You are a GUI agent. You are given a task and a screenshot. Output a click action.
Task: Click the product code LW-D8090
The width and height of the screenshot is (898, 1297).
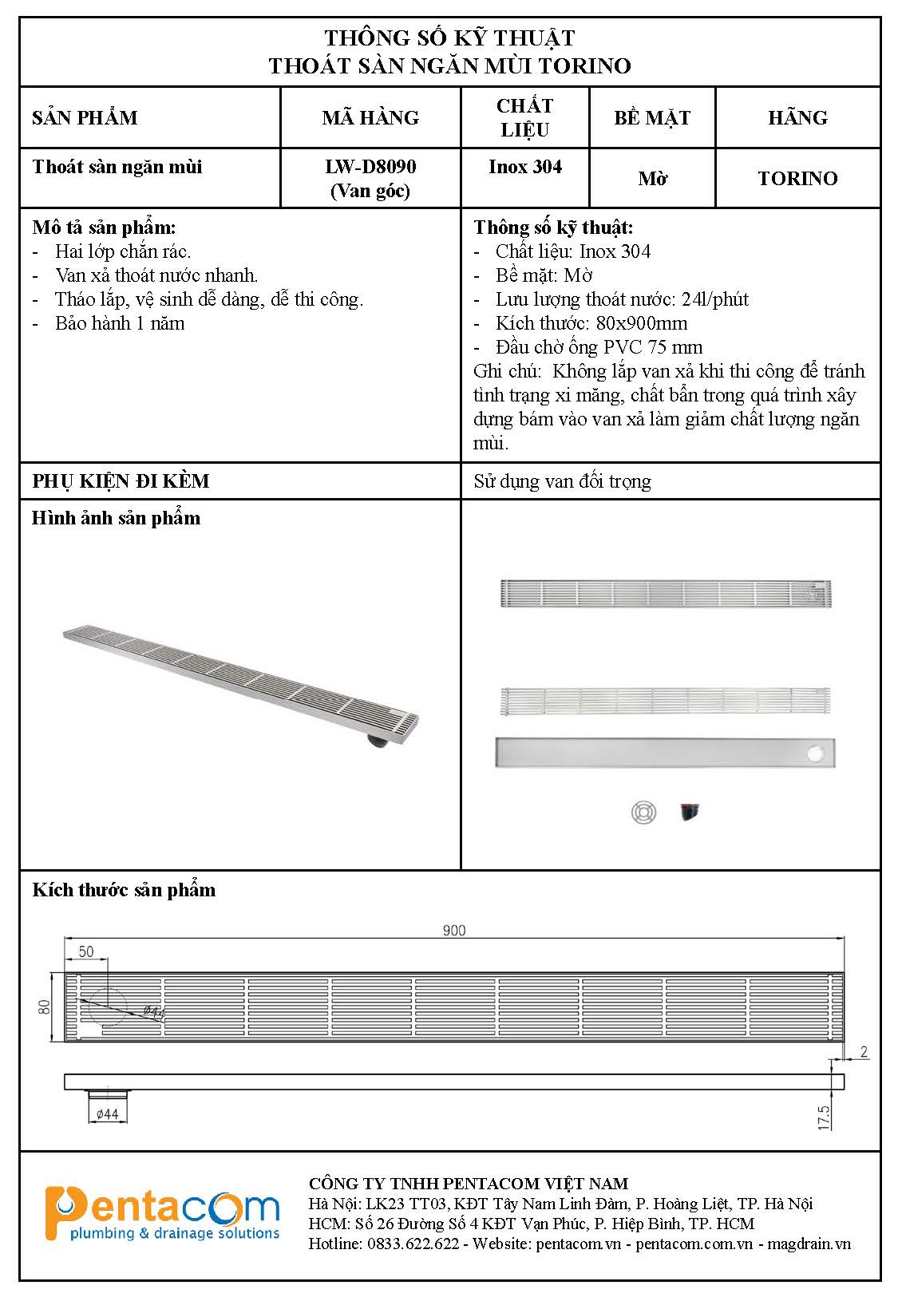(370, 167)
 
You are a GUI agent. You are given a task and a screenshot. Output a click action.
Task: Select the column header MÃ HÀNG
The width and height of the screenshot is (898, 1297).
(370, 117)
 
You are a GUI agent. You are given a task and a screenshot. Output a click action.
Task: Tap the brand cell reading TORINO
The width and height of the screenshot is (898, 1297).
(797, 178)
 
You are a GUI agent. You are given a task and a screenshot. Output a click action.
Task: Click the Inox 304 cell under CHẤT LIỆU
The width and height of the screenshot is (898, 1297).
(525, 167)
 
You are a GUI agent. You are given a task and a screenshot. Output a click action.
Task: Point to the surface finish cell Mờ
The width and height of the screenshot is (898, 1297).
(652, 178)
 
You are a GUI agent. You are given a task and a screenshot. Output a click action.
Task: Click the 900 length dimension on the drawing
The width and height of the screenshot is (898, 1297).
(453, 930)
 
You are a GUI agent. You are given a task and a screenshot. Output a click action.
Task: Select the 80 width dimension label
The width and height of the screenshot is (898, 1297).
(45, 1006)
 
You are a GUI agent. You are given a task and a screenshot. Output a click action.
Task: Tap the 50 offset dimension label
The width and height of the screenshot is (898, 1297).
(86, 951)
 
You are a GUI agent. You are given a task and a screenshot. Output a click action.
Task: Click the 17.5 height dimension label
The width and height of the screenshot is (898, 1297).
(825, 1117)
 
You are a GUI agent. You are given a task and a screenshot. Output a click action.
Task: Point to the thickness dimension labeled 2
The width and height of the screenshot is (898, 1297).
(864, 1052)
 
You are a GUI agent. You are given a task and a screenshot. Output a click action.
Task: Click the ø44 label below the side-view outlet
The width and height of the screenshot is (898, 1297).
(107, 1113)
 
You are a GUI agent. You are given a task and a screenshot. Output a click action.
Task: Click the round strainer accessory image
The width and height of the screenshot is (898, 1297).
(643, 813)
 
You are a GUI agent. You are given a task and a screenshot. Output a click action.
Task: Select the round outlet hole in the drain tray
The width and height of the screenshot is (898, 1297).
(816, 753)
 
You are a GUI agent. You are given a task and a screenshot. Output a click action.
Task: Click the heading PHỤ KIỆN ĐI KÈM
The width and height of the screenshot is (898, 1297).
(121, 481)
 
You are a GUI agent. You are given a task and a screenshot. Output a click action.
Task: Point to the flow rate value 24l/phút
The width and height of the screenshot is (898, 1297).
(715, 299)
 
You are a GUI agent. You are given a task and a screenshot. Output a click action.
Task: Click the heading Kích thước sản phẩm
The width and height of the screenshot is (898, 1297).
(124, 890)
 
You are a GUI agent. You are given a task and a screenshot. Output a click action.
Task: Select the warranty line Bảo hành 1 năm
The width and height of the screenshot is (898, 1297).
(120, 323)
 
